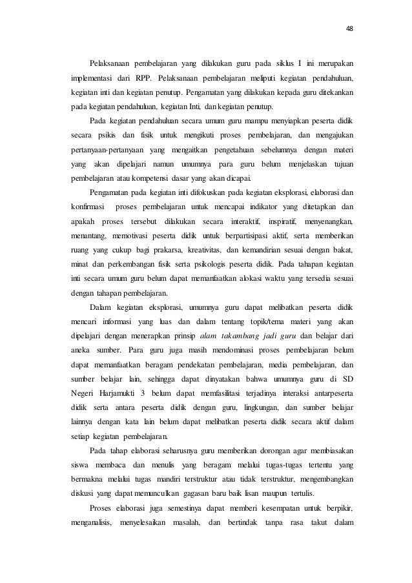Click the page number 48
350,28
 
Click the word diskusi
83,489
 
